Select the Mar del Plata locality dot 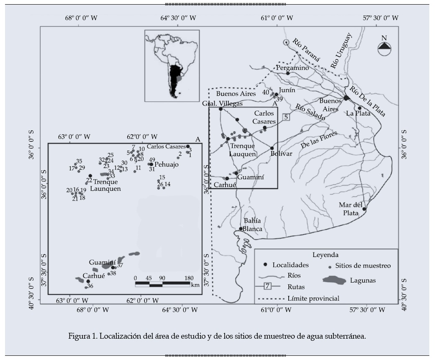pos(364,209)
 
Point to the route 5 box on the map pos(286,117)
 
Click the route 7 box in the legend pos(268,286)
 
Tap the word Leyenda pos(325,255)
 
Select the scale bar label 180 pos(189,278)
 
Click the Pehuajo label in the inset pos(167,165)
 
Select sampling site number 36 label pos(90,286)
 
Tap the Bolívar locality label pos(280,154)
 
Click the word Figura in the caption pos(79,336)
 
